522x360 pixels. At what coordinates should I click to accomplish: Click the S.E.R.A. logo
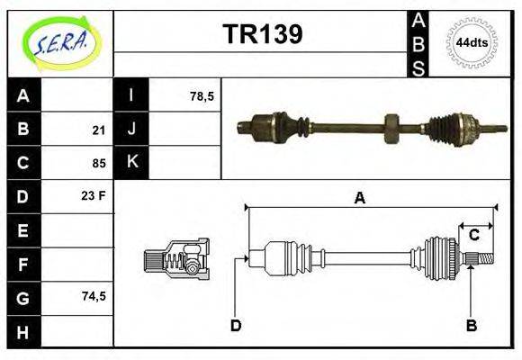point(59,42)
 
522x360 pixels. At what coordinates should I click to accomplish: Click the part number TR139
point(262,34)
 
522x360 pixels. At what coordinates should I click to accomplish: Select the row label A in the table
point(23,94)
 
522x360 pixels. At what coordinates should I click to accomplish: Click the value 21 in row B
point(99,130)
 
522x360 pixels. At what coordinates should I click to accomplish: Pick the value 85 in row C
point(99,164)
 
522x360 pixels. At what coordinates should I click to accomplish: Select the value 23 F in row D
point(94,194)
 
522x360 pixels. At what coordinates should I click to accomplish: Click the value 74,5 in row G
point(94,295)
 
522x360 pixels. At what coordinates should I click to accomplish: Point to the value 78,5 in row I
point(202,94)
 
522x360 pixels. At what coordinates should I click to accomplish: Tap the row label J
point(131,129)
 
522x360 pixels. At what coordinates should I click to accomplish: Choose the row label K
point(131,163)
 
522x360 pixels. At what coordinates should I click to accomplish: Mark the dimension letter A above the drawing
point(359,199)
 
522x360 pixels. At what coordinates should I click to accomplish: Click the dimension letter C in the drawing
point(473,236)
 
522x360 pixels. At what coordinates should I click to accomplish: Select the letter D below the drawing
point(236,325)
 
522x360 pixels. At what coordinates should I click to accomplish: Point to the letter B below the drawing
point(471,325)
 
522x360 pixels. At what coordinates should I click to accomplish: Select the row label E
point(23,230)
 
